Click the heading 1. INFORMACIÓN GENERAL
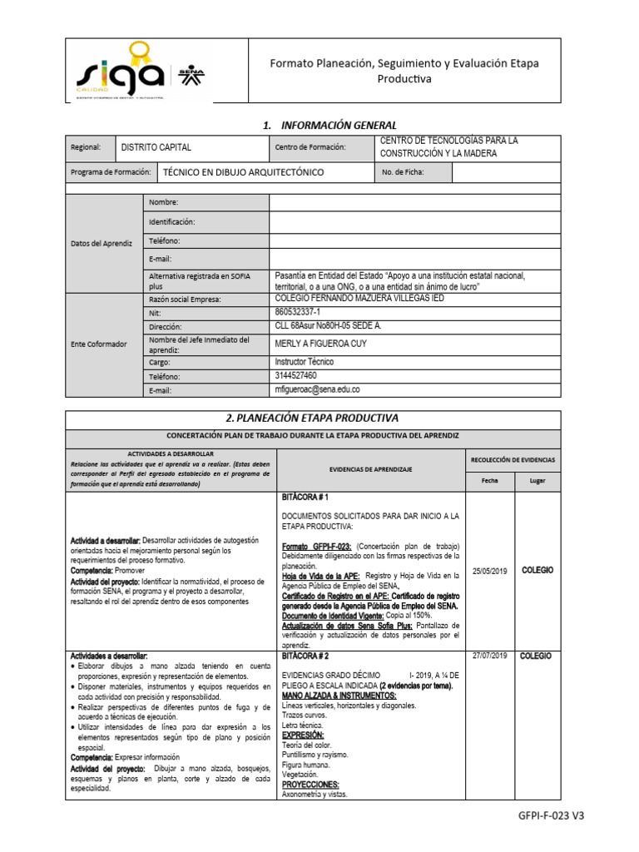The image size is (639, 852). [x=323, y=125]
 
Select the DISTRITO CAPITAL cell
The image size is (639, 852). [x=156, y=147]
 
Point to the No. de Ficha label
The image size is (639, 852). [x=404, y=172]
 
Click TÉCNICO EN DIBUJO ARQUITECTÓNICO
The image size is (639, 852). [x=243, y=172]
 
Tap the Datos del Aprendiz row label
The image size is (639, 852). [x=102, y=243]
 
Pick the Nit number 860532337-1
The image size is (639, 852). [x=302, y=313]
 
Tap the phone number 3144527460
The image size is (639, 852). [x=295, y=375]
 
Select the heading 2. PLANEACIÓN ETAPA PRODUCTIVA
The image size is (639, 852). [x=323, y=418]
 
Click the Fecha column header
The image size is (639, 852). [x=489, y=480]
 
